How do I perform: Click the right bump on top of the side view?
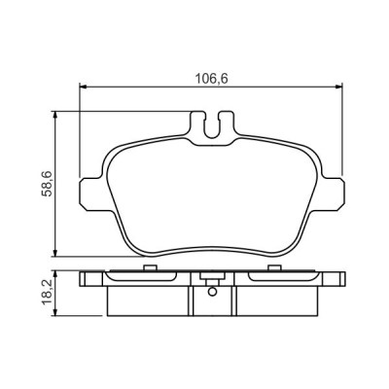(x=275, y=268)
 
